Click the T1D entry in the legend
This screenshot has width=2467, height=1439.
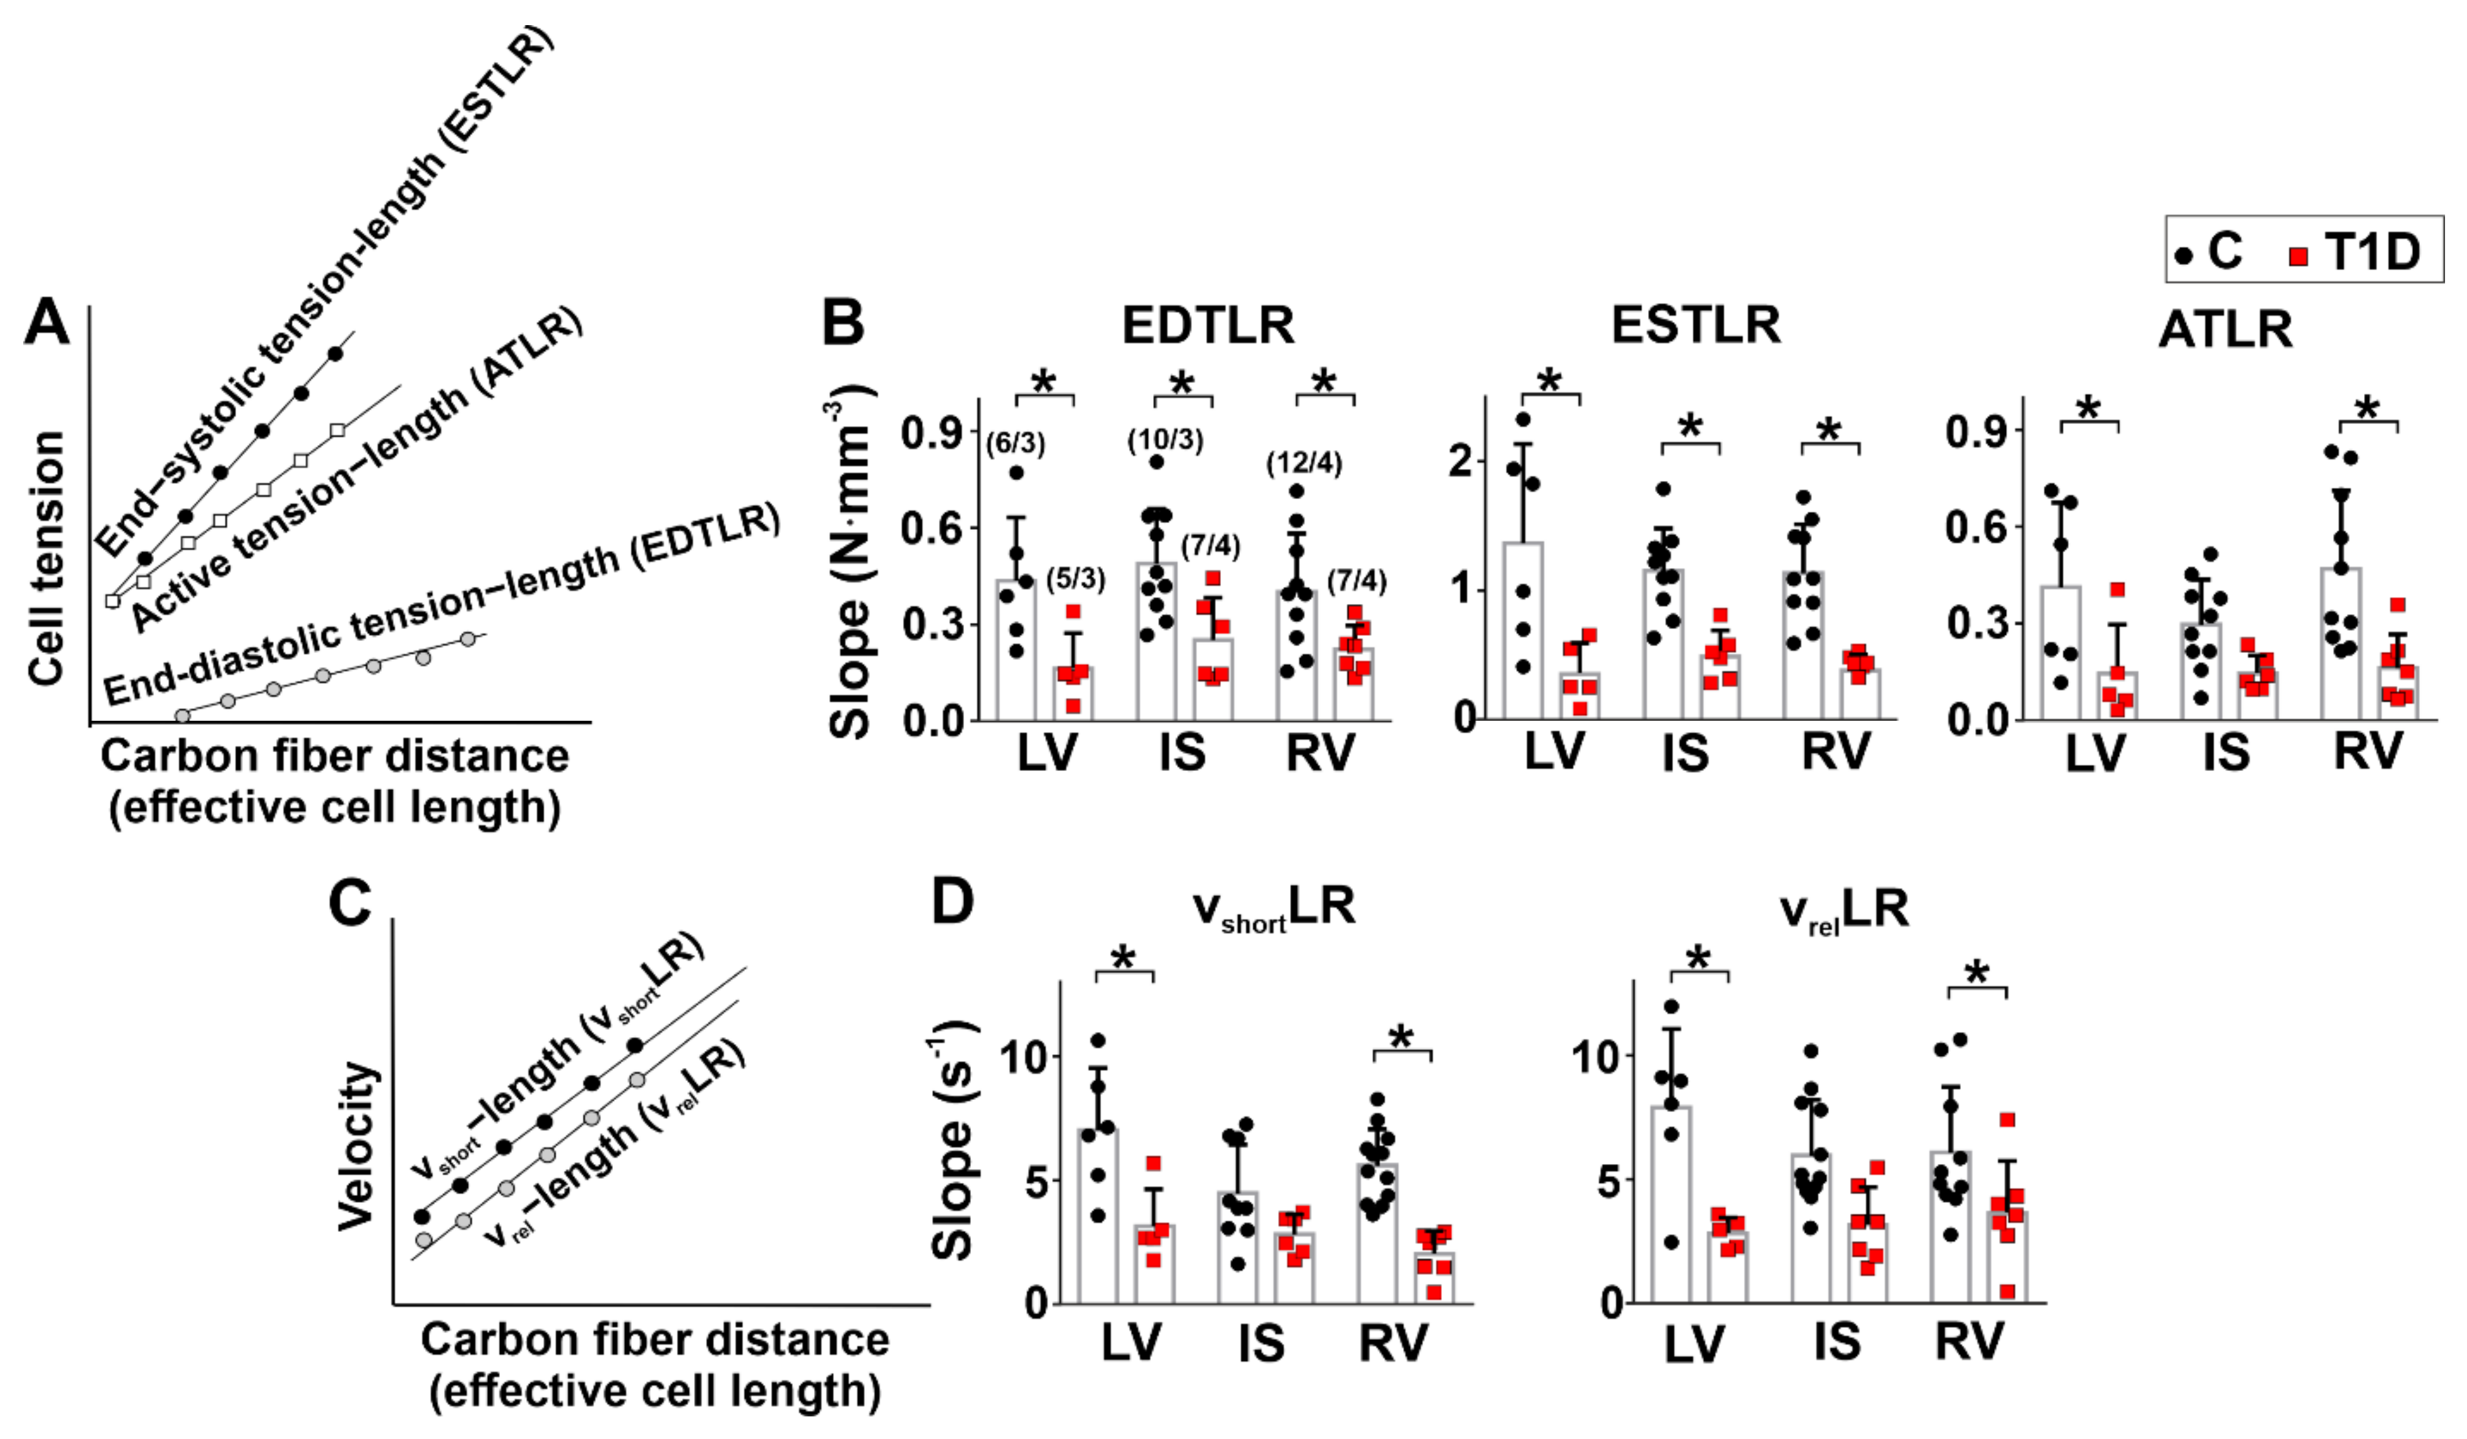(2355, 252)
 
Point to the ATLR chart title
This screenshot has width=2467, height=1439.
(2225, 329)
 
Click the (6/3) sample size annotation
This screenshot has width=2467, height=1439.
(1015, 443)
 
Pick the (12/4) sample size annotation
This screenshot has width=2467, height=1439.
(1304, 462)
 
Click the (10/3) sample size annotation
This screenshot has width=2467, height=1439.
(1165, 439)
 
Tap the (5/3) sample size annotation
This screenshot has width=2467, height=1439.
(1075, 579)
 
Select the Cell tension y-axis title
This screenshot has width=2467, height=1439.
(46, 558)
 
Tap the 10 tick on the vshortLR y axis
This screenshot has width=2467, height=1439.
(1022, 1057)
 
